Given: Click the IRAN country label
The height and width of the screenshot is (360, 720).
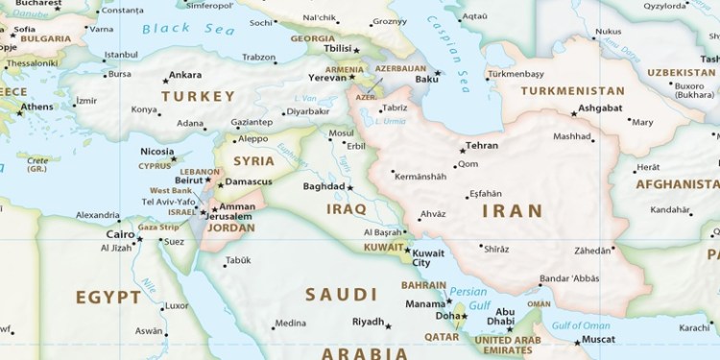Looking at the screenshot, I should point(512,210).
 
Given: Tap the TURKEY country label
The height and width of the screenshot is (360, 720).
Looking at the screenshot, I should point(198,97).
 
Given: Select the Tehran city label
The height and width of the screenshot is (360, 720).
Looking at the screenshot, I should point(482,147).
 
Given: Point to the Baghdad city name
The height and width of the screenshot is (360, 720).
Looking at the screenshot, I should point(323,186).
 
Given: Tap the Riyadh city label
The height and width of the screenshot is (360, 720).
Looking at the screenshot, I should point(368,322).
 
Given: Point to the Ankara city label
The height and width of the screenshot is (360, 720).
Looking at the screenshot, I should point(185,75).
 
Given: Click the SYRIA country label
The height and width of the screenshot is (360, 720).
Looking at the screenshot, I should point(254,160).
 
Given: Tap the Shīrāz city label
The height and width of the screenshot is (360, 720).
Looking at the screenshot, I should point(495,249).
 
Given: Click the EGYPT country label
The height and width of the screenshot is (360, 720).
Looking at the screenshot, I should point(108,297).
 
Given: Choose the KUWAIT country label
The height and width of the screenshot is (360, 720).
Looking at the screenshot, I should point(381,247).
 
